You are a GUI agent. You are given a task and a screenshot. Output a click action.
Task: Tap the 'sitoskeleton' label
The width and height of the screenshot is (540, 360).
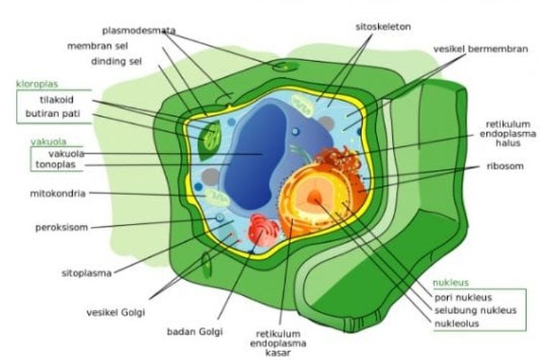382,26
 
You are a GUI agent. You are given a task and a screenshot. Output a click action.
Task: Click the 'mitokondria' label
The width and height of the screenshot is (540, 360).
58,193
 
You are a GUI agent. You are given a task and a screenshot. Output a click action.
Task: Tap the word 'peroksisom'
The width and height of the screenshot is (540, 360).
62,228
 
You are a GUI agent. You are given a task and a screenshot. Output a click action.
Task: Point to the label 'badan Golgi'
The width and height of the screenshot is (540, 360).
194,332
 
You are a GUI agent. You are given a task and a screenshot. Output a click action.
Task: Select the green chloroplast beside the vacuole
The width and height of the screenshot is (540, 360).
211,138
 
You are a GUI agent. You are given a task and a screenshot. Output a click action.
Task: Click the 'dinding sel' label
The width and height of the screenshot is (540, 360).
116,60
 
